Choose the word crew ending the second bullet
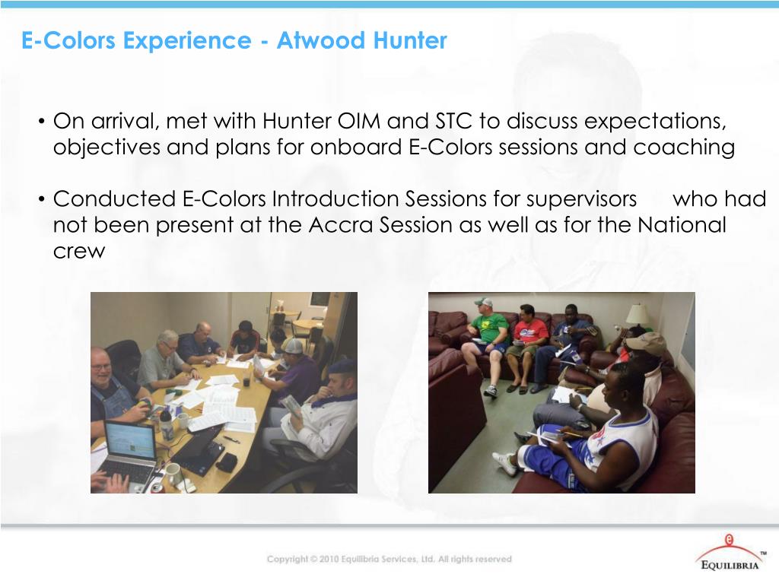78,252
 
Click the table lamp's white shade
638,313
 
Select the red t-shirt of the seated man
530,331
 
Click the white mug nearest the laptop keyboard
174,472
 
